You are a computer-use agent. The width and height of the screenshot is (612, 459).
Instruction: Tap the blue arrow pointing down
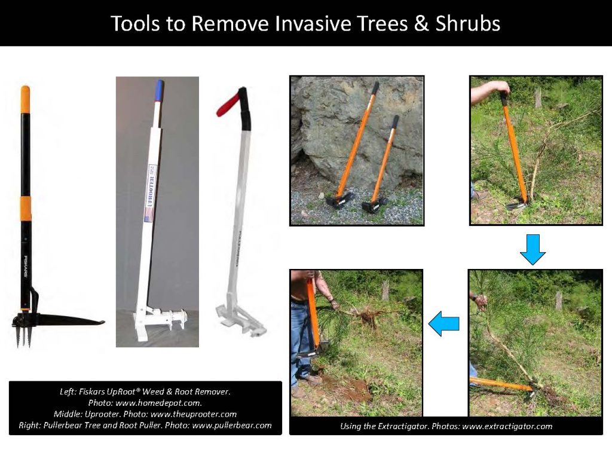click(x=533, y=249)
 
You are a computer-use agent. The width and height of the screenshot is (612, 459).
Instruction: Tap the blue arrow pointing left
click(x=444, y=323)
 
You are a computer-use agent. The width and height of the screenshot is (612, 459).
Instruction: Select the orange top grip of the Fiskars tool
click(x=25, y=99)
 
